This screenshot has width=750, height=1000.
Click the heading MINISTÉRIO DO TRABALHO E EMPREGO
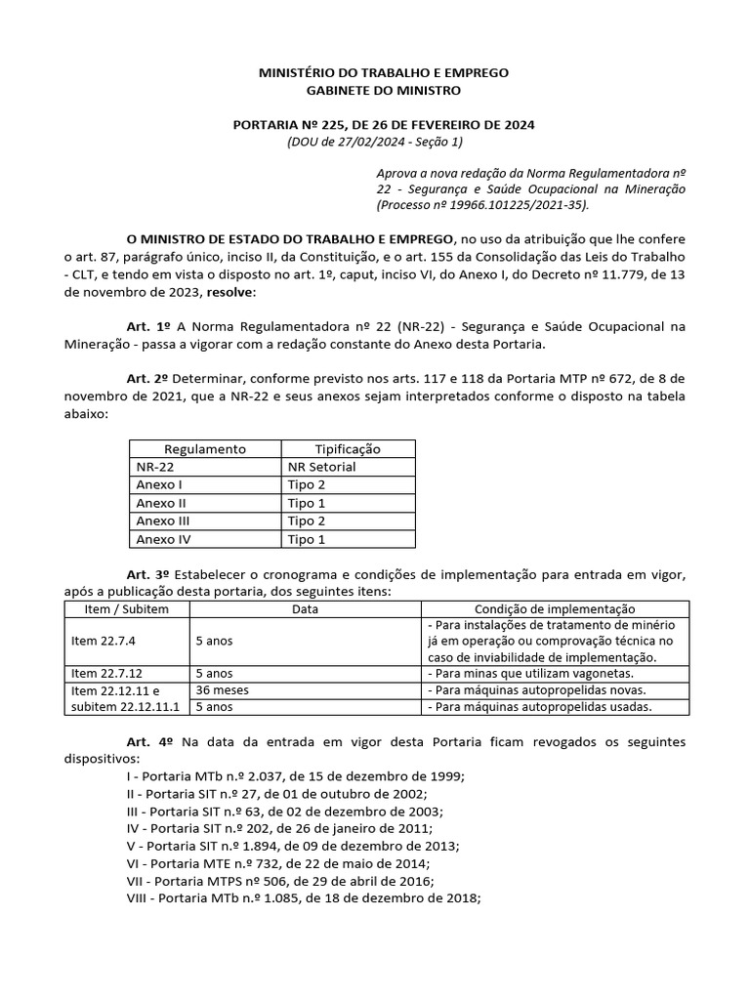pyautogui.click(x=383, y=73)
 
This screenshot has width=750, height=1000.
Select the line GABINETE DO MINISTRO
pyautogui.click(x=383, y=91)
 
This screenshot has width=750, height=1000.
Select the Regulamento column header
pyautogui.click(x=205, y=449)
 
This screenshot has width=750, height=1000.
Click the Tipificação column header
pyautogui.click(x=347, y=449)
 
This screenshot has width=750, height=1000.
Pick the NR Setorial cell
pyautogui.click(x=321, y=467)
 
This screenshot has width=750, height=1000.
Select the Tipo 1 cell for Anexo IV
pyautogui.click(x=307, y=539)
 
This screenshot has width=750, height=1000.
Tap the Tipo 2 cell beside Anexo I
pyautogui.click(x=307, y=485)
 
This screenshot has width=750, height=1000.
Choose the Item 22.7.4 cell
pyautogui.click(x=103, y=641)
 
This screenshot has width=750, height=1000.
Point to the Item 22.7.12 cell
pyautogui.click(x=105, y=673)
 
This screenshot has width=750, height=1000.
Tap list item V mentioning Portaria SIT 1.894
pyautogui.click(x=293, y=846)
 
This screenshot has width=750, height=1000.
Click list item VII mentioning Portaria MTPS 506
pyautogui.click(x=293, y=881)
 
